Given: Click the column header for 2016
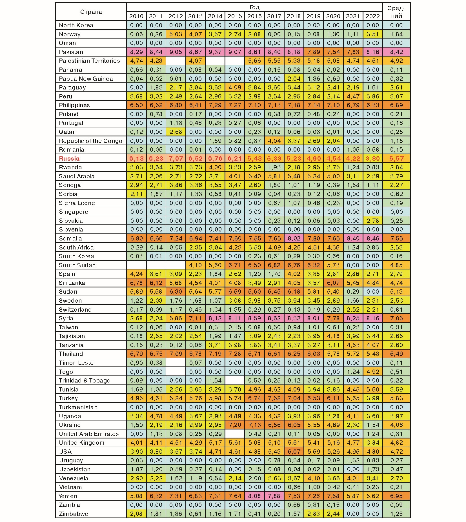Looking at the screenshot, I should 254,16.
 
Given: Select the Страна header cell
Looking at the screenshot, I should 91,12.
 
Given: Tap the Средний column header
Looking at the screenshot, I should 396,12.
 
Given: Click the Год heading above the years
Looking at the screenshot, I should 254,7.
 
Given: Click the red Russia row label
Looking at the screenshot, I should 69,159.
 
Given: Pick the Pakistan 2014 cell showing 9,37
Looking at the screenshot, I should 215,52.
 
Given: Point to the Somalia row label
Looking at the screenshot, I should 70,238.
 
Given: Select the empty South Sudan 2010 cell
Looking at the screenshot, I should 136,265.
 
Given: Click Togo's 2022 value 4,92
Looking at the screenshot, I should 372,372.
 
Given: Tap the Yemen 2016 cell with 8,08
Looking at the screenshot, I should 254,496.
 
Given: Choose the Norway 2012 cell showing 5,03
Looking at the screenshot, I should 176,34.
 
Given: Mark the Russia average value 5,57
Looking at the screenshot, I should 396,159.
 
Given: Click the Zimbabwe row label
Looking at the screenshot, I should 74,514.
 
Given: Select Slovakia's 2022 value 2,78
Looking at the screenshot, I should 372,221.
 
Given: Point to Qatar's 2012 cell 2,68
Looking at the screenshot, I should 176,132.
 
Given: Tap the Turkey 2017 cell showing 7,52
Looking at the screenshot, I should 274,398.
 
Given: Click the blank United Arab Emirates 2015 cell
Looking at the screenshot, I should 235,434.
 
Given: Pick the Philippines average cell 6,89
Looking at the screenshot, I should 396,105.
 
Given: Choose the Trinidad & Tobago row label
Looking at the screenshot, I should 85,381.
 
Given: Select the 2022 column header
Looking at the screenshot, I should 372,16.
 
